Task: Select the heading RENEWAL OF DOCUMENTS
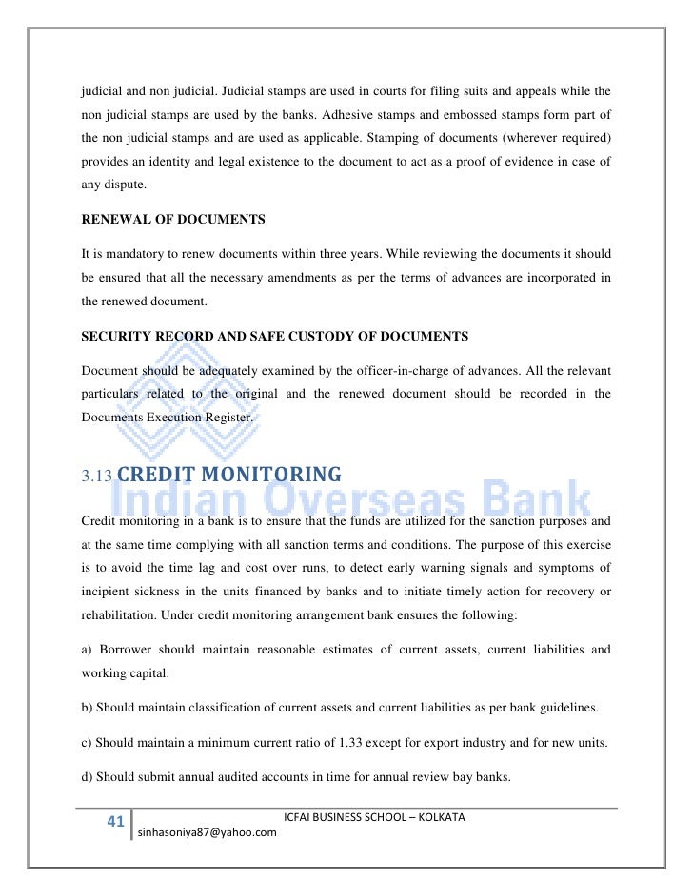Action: pos(172,220)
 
